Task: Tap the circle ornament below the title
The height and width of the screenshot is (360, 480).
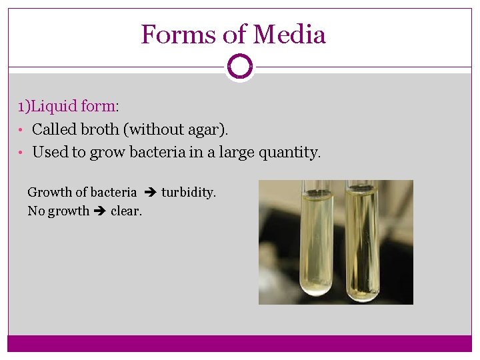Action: [x=239, y=67]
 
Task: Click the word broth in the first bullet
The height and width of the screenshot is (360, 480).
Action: [x=101, y=129]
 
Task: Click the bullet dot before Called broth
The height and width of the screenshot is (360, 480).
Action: [x=21, y=130]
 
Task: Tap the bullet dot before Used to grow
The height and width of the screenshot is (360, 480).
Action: [x=21, y=153]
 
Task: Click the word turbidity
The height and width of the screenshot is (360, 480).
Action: [x=189, y=193]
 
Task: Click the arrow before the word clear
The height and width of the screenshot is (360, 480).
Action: [x=100, y=211]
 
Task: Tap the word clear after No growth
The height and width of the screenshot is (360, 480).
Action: [x=126, y=211]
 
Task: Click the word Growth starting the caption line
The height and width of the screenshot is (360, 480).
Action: [x=48, y=193]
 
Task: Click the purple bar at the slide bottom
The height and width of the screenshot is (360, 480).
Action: [x=239, y=343]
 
